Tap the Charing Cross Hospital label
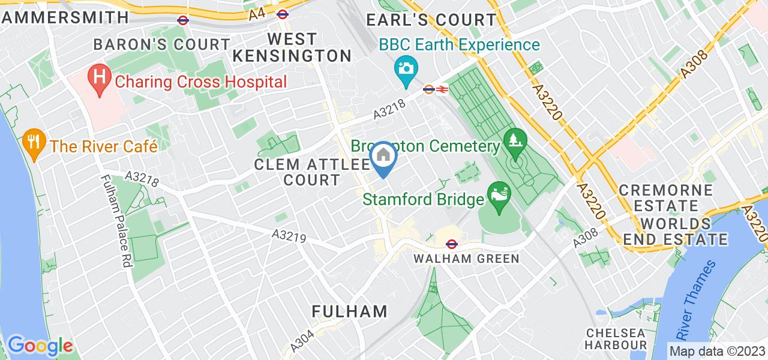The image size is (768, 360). (x=201, y=81)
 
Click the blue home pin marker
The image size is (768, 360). (x=383, y=157)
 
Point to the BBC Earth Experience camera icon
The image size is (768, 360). (x=406, y=67)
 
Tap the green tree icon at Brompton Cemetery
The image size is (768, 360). (x=515, y=142)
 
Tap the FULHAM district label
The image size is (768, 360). (x=350, y=311)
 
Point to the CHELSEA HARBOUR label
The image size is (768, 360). (x=616, y=339)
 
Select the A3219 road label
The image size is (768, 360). (x=289, y=237)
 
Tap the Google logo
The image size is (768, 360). (x=40, y=346)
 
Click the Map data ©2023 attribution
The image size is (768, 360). (x=717, y=352)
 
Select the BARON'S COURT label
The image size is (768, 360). (x=162, y=44)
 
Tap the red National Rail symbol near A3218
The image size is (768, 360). (x=442, y=89)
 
